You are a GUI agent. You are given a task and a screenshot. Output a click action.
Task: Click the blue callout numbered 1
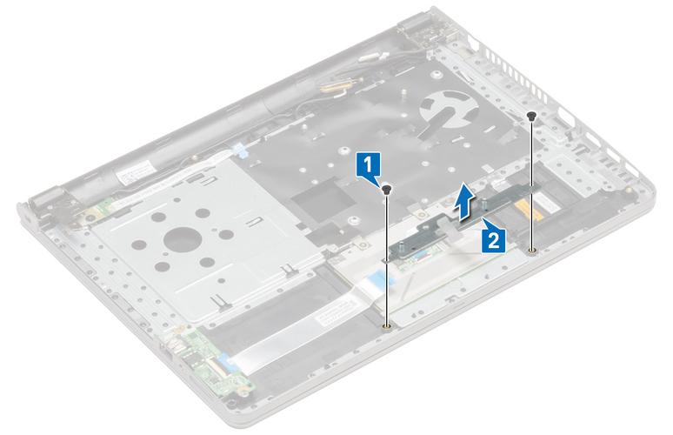coord(370,164)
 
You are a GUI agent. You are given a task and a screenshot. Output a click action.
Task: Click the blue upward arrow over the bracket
coord(468,199)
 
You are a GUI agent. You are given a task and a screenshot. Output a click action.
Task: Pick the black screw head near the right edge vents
coord(532,114)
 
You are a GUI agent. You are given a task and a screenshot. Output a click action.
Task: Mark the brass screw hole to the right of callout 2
coord(530,251)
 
